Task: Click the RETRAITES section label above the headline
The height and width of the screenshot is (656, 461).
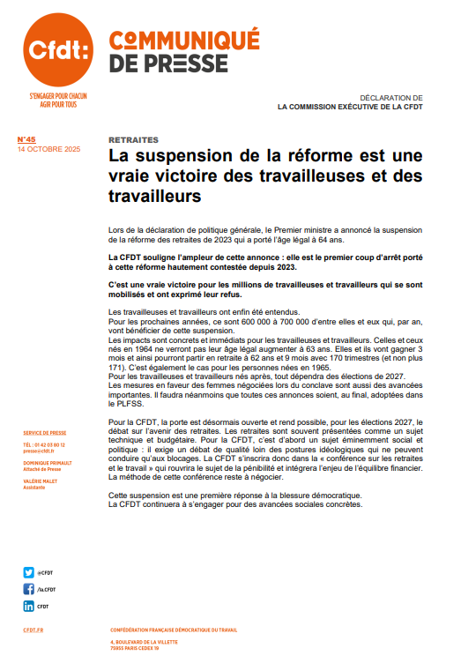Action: (134, 139)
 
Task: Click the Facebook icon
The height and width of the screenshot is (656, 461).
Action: (29, 589)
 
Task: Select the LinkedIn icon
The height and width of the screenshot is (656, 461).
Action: (29, 607)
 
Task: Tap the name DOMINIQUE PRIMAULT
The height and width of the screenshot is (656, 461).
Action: (50, 463)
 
